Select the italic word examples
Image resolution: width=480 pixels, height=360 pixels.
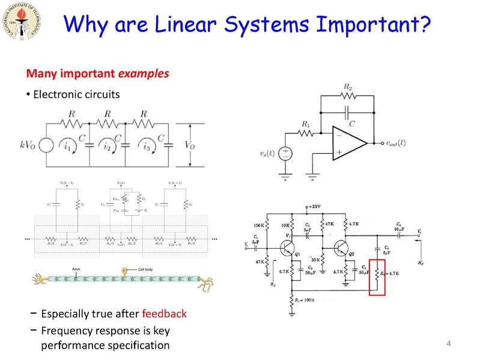(143, 74)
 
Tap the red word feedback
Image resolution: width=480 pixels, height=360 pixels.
(164, 314)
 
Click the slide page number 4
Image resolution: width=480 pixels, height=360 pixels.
(448, 344)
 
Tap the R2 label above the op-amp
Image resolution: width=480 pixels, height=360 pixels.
(347, 88)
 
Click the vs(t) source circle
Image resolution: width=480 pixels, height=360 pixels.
(286, 154)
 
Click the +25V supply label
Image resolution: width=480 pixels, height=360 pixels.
(312, 206)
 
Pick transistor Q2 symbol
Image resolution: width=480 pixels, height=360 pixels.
(341, 248)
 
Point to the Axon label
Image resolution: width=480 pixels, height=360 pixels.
(76, 269)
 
